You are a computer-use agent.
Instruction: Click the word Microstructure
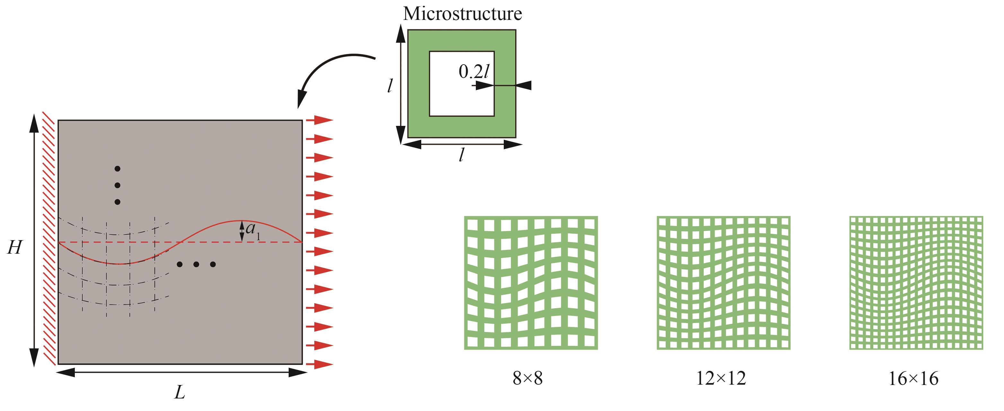click(462, 14)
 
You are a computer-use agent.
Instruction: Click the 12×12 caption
click(721, 378)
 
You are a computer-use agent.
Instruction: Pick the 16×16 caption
click(913, 378)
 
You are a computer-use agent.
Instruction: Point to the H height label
click(14, 248)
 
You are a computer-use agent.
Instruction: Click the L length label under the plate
click(180, 393)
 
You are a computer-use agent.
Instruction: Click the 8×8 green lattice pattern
click(531, 283)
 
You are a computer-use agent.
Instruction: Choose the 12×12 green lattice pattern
click(723, 283)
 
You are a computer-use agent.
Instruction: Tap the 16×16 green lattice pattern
click(916, 283)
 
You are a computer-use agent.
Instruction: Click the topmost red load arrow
click(319, 120)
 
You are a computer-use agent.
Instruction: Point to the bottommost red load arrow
click(319, 364)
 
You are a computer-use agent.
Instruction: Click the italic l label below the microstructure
click(461, 156)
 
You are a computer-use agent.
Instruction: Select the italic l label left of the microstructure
click(390, 86)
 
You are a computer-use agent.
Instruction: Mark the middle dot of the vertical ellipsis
click(117, 185)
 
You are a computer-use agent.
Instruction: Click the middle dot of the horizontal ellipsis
click(196, 264)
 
